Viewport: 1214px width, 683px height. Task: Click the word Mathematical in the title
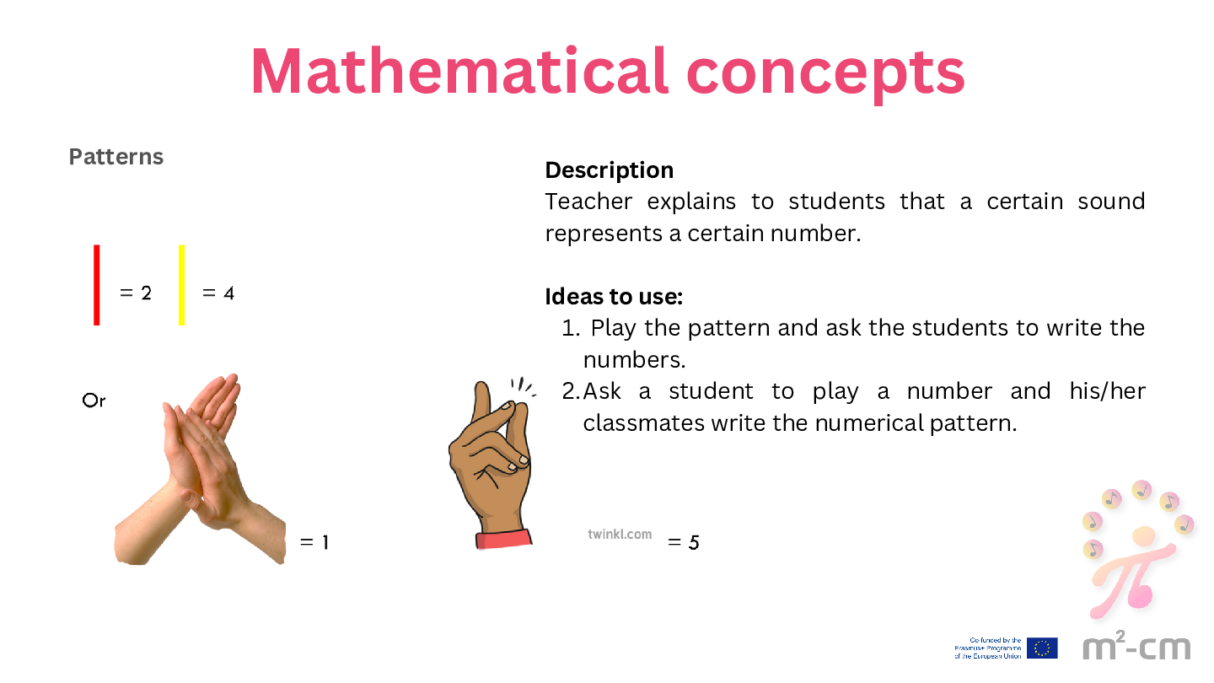pos(459,72)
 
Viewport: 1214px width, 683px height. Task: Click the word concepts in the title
pos(825,76)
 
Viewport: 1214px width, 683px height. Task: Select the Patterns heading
pos(116,157)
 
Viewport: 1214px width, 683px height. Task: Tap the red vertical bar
pos(96,285)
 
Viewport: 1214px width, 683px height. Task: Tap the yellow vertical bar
pos(181,285)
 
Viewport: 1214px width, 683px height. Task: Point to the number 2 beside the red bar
pos(147,293)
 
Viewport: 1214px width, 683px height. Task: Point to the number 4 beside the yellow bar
pos(228,293)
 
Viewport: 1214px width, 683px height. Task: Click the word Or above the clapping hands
pos(94,401)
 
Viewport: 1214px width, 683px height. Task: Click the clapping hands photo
pos(201,470)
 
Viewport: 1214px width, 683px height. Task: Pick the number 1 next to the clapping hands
pos(325,542)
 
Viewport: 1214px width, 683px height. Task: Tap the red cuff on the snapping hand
pos(503,540)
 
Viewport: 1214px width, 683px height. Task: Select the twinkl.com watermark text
pos(620,535)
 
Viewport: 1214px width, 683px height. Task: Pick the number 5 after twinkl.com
pos(694,543)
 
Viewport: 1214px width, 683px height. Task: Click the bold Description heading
pos(610,170)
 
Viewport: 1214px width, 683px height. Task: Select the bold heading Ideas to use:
pos(614,297)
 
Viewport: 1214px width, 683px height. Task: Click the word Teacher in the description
pos(588,202)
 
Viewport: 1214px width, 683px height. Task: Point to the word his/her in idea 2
pos(1107,391)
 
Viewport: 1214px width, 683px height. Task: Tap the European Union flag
pos(1042,648)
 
